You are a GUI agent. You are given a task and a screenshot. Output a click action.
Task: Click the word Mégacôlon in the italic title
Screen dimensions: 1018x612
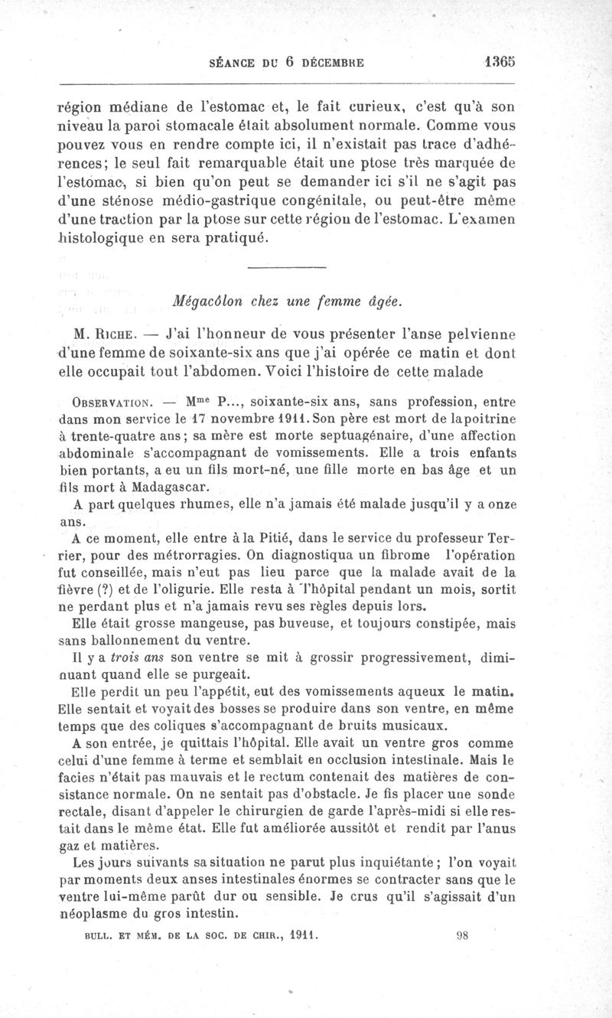click(207, 302)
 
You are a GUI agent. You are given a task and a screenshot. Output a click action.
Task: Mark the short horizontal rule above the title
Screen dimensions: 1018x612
click(287, 266)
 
